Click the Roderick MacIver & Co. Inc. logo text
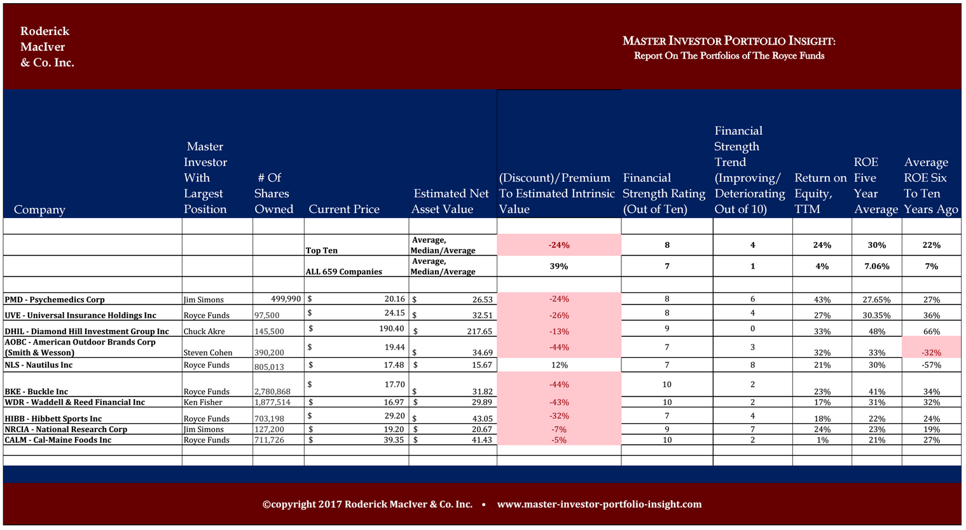47,46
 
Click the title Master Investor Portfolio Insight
729,41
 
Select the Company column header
39,210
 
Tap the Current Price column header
343,209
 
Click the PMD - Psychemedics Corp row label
54,299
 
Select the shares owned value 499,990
286,299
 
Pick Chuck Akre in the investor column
204,331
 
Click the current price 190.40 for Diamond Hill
391,329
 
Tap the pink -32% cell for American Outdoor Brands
931,353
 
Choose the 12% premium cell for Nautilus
559,365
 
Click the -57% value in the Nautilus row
931,365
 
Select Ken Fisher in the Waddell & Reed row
203,402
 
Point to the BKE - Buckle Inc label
36,391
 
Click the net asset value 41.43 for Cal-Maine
482,440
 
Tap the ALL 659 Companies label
343,271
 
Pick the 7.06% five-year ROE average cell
877,266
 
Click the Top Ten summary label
321,250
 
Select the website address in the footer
600,504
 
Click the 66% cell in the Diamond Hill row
931,331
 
